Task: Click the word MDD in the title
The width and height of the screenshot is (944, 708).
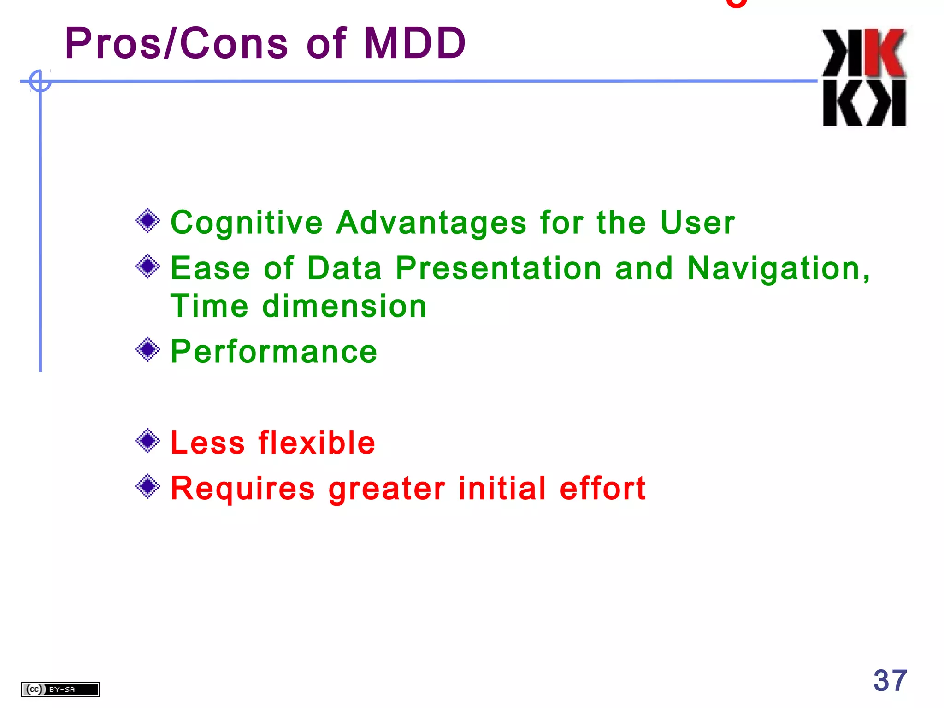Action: point(415,44)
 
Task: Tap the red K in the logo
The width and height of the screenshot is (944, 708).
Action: point(885,53)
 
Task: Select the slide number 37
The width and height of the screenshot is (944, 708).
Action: point(890,681)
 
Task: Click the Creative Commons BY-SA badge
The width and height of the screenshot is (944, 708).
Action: point(60,689)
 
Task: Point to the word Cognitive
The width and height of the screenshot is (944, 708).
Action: point(247,224)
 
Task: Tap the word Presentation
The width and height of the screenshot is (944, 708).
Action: point(498,268)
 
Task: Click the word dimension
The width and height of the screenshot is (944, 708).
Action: point(344,307)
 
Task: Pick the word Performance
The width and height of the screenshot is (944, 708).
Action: point(274,352)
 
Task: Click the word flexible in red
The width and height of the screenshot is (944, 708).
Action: point(317,443)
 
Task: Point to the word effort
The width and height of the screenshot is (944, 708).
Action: point(602,488)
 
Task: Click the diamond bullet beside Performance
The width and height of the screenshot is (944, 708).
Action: point(148,350)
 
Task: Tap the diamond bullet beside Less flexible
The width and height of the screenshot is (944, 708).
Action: point(148,441)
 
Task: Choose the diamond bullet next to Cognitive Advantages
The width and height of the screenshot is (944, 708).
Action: point(148,221)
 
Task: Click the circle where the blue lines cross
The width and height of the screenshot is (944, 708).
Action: point(40,81)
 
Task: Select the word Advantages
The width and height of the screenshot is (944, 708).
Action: point(431,224)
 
